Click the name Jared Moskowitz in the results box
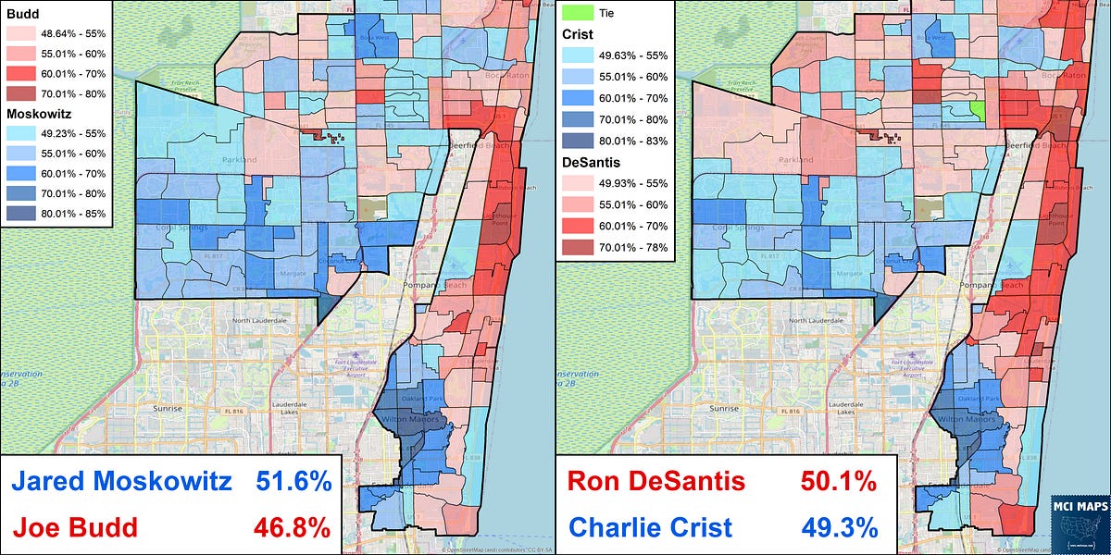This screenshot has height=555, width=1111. (121, 482)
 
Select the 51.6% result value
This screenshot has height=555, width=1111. (293, 482)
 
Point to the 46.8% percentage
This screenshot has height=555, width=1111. (293, 528)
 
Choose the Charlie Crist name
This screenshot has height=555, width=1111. (650, 528)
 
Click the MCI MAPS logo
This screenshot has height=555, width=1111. (1075, 524)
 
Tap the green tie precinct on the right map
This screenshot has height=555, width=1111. (977, 111)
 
